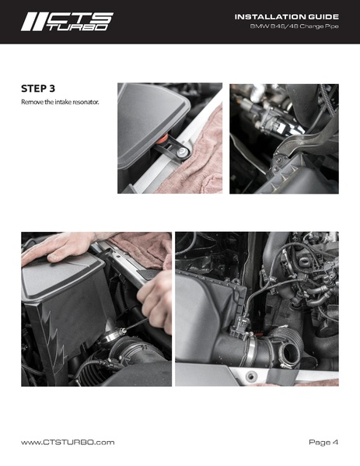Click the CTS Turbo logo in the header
[67, 22]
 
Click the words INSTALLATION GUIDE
[287, 17]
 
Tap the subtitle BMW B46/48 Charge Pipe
[294, 26]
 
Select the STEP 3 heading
[38, 89]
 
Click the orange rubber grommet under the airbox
[163, 138]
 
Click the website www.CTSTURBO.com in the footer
[68, 442]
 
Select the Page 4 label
[323, 442]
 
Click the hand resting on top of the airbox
[59, 246]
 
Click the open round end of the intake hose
[289, 352]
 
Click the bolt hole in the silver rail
[251, 377]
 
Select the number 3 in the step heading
[52, 89]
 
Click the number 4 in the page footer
[335, 442]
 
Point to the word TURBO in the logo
[78, 27]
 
